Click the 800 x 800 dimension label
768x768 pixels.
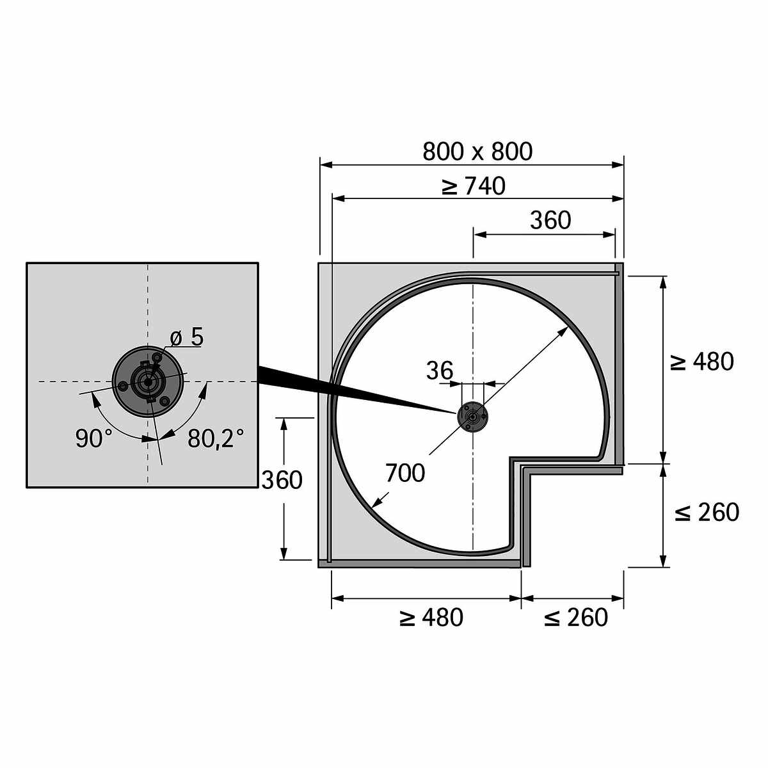click(477, 152)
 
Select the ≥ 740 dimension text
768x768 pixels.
click(473, 186)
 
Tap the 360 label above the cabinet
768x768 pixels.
click(550, 220)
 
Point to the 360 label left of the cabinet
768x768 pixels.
click(282, 480)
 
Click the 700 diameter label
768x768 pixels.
click(405, 473)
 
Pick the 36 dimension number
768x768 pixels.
click(440, 371)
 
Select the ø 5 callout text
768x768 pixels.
click(186, 337)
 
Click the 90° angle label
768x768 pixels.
click(94, 438)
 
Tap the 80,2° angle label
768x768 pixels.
click(216, 438)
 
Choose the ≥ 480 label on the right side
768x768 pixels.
click(701, 362)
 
